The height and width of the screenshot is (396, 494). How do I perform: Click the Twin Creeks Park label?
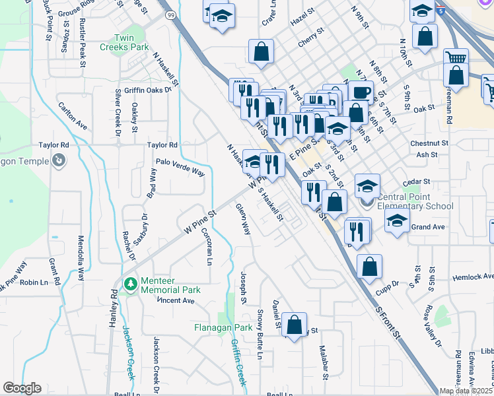click(124, 42)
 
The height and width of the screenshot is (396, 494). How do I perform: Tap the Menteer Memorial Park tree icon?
click(131, 283)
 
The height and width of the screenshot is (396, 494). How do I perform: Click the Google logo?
click(22, 388)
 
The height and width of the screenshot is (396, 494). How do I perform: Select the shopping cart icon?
click(455, 57)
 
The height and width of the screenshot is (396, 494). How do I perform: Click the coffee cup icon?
click(361, 92)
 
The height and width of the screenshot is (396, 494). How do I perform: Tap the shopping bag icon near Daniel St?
click(295, 324)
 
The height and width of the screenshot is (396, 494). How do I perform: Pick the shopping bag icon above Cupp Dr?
click(370, 266)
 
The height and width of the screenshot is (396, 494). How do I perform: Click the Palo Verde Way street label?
click(180, 166)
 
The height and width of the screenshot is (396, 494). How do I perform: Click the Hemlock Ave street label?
click(473, 277)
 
